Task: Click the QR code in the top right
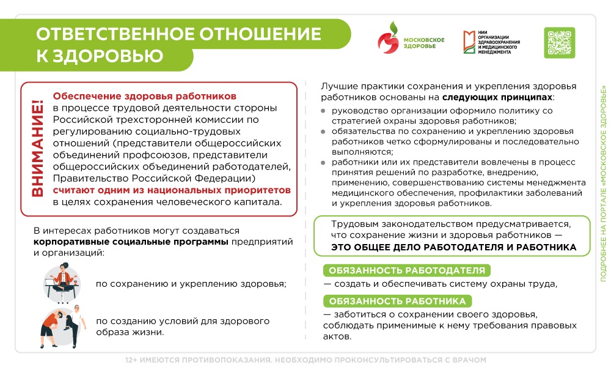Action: pos(559,43)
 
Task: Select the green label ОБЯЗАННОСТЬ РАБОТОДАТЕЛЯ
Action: pos(407,271)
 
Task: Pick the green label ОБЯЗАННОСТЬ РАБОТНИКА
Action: pos(398,301)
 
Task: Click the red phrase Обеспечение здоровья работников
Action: pos(145,97)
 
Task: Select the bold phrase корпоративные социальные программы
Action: pos(131,242)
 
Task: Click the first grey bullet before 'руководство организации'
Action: pos(324,111)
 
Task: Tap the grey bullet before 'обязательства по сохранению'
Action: pos(324,132)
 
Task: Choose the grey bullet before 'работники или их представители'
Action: pos(324,162)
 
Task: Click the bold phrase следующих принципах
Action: pos(497,97)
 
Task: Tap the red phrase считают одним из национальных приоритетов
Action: pos(172,191)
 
